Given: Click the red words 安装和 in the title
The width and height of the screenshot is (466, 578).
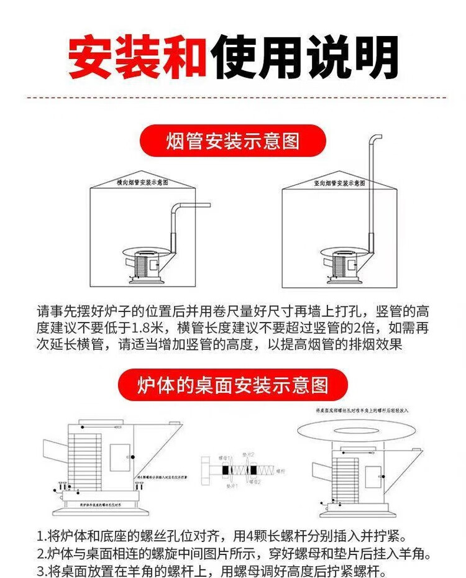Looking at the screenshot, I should (x=137, y=57).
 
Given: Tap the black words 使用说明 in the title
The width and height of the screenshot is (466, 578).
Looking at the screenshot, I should (x=304, y=57).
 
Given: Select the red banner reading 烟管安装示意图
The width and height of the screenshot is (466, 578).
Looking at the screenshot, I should (x=233, y=140).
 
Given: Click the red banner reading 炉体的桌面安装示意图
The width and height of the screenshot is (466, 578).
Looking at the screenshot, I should (x=233, y=385).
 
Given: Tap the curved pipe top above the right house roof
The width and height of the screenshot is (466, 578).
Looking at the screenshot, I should (x=375, y=138).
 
